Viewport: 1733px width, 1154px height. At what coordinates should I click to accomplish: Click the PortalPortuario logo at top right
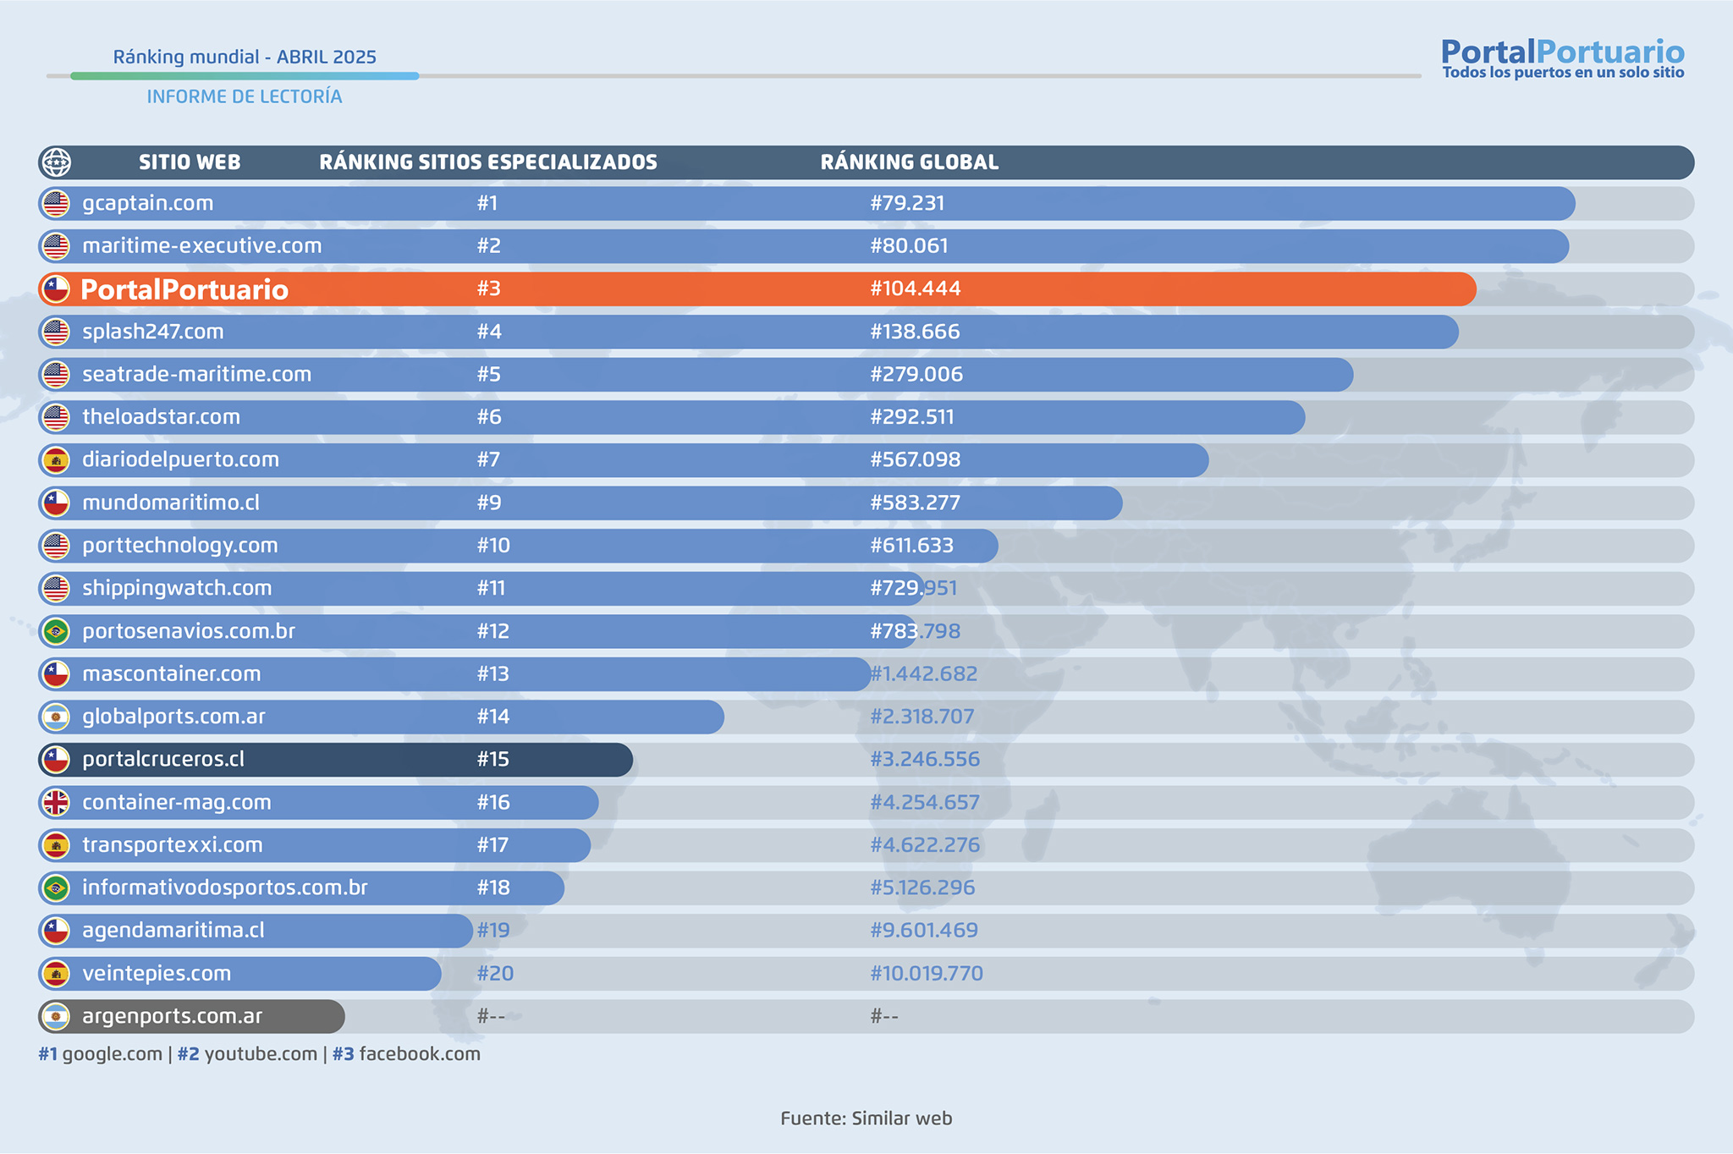tap(1562, 58)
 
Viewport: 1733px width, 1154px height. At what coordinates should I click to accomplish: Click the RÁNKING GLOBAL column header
tap(909, 162)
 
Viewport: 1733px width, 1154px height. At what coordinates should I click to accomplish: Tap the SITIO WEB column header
tap(190, 162)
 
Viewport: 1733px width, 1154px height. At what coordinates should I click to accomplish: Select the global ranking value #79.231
tap(907, 204)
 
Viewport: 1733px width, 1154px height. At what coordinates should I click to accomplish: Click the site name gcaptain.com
tap(147, 204)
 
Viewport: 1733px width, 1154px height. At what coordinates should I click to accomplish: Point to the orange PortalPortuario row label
tap(184, 290)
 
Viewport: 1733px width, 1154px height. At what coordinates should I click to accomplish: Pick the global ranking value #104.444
tap(915, 289)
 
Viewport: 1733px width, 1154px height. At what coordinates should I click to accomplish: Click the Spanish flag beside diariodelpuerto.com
tap(56, 460)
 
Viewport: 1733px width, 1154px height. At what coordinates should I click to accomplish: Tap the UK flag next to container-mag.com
tap(56, 802)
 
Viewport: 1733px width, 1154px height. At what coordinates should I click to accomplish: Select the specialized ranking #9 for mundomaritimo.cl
tap(489, 503)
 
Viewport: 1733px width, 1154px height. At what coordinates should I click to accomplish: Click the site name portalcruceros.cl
tap(163, 760)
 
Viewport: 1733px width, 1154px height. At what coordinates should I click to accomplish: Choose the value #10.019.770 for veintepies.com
tap(926, 974)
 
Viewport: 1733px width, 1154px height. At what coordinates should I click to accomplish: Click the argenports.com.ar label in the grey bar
tap(172, 1016)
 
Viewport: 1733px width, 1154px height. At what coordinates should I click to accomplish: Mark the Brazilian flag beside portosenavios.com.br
tap(56, 631)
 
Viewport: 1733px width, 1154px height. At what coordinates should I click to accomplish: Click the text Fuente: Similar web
tap(866, 1118)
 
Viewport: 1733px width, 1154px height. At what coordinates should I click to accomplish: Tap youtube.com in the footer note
tap(260, 1054)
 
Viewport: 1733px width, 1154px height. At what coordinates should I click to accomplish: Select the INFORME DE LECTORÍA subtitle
tap(245, 97)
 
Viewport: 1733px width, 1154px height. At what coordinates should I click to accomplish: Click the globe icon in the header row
tap(56, 162)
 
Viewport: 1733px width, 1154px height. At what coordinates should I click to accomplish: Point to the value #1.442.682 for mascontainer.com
tap(923, 674)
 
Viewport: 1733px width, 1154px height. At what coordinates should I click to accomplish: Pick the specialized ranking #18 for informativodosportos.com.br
tap(493, 888)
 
